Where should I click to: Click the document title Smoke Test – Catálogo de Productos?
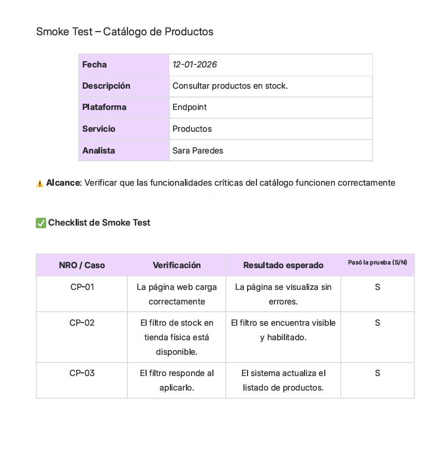click(124, 32)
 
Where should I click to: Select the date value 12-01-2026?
click(194, 65)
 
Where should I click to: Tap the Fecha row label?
click(94, 65)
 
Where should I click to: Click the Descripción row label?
click(106, 86)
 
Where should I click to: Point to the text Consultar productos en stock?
click(230, 86)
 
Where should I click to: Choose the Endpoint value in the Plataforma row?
click(190, 107)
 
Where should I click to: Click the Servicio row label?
click(98, 129)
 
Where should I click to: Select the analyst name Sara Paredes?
click(198, 151)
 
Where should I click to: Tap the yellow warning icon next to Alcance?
click(40, 184)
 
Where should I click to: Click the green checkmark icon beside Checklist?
click(41, 223)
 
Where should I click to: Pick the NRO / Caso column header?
click(82, 266)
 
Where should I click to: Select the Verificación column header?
click(177, 266)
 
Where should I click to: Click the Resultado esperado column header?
click(283, 266)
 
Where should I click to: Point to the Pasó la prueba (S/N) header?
click(377, 262)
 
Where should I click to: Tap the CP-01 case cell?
click(82, 287)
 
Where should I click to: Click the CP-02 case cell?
click(82, 323)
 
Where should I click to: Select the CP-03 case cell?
click(82, 373)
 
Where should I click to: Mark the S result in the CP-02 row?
click(378, 323)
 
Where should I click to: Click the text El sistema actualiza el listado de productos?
click(283, 381)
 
